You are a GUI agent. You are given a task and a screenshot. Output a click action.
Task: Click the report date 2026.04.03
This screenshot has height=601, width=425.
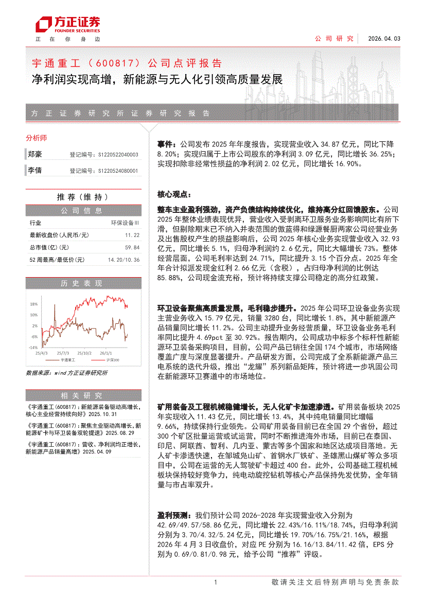pos(383,39)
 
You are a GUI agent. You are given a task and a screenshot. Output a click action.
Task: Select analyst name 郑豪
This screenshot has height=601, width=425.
pos(35,154)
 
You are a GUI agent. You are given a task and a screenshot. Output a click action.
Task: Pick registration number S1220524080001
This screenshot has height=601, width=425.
pos(118,170)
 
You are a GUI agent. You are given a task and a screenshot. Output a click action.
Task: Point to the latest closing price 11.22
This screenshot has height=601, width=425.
pos(132,235)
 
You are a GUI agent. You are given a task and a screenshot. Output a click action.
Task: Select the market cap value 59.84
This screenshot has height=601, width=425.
pos(132,247)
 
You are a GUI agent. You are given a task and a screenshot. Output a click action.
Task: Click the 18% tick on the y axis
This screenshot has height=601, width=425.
pos(33,304)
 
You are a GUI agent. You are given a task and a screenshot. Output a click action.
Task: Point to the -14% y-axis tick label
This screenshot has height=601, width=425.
pos(33,348)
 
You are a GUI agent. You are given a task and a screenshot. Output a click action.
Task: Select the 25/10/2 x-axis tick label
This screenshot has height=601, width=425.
pos(84,353)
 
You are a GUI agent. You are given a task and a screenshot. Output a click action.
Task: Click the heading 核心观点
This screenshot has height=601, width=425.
pos(174,195)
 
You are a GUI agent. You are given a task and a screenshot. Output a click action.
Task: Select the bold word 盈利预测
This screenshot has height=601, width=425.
pos(173,515)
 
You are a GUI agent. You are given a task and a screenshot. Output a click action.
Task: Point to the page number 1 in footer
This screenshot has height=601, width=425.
pos(215,582)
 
